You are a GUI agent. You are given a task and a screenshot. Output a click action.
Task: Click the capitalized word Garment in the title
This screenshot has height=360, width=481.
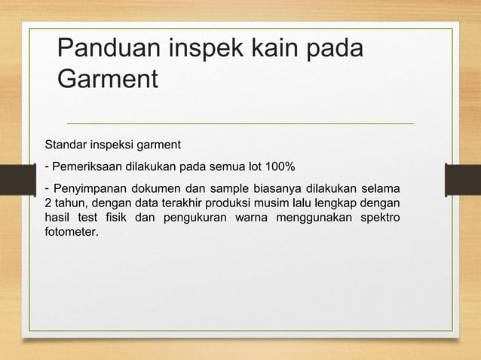[x=108, y=78]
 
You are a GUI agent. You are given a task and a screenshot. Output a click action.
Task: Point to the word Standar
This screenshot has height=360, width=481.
[x=66, y=144]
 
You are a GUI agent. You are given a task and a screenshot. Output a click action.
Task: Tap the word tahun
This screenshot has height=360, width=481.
[x=71, y=203]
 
